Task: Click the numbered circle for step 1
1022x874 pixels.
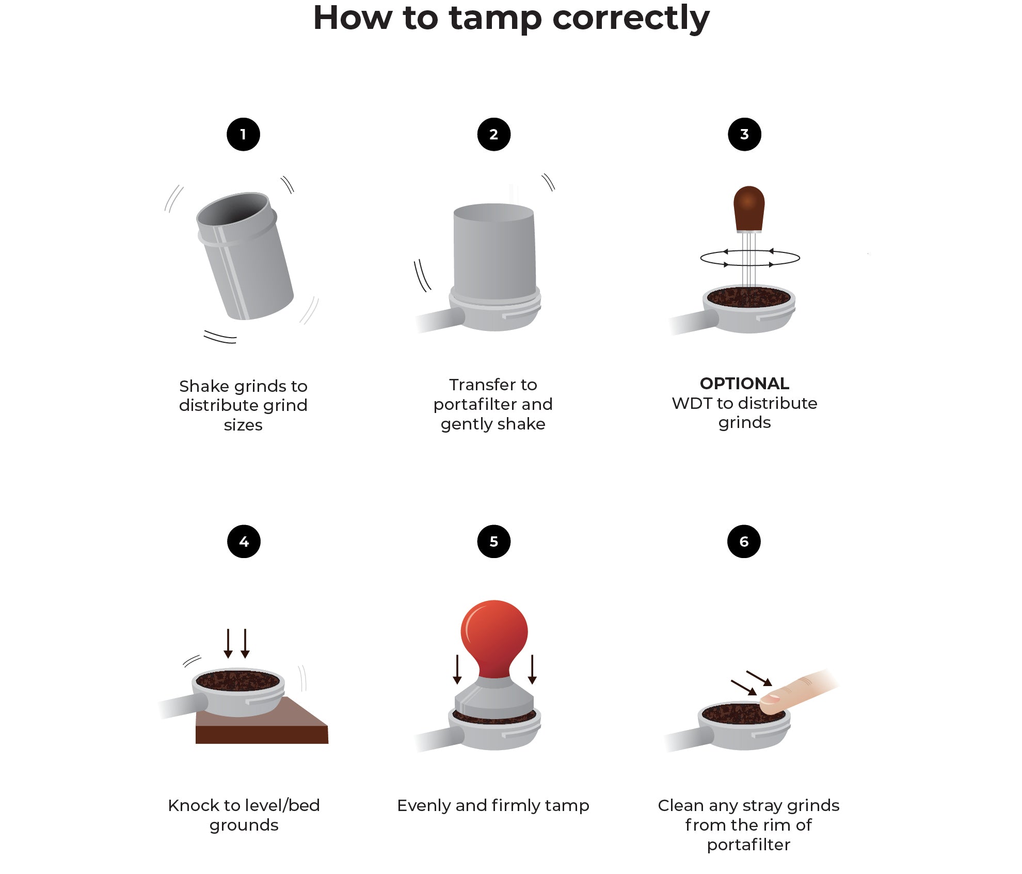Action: point(243,134)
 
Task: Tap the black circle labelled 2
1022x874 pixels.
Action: point(493,134)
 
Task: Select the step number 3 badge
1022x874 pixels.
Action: point(744,134)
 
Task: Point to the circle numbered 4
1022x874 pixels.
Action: point(244,542)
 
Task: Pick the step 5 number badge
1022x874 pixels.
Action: point(493,542)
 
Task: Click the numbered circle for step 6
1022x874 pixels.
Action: point(743,542)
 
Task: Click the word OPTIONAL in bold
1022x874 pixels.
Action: point(744,384)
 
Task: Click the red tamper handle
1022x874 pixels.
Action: point(494,635)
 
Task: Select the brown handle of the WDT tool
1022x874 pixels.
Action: point(748,208)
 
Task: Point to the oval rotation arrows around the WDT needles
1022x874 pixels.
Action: point(749,258)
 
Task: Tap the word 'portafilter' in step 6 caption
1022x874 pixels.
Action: point(748,845)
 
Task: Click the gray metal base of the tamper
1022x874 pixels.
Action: point(494,702)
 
